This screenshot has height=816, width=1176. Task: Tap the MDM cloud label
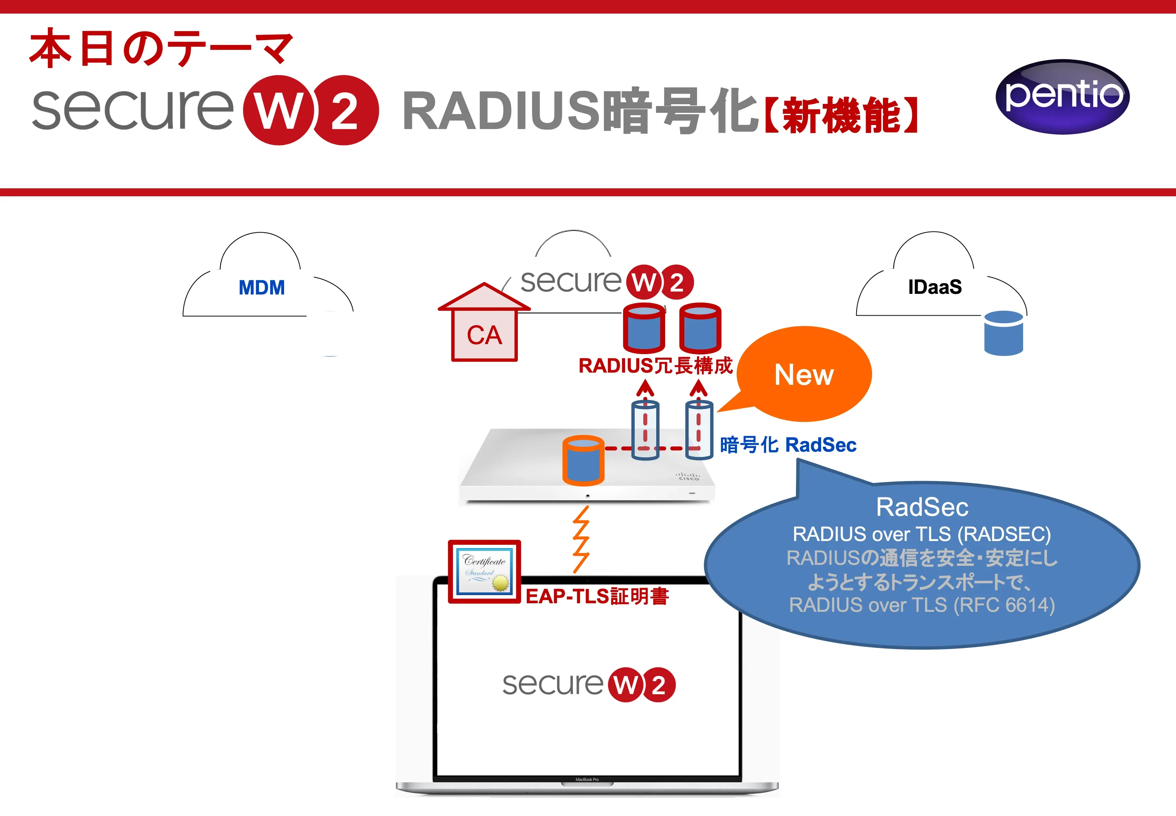[262, 287]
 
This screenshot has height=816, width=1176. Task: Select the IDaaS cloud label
[935, 287]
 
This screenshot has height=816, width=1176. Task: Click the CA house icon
[484, 324]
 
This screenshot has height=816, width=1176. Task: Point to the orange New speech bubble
[804, 374]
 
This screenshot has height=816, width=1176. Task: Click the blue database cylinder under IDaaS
[1003, 333]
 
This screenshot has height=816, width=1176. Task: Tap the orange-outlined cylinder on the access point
[583, 460]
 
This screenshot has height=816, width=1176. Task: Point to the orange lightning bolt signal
[581, 539]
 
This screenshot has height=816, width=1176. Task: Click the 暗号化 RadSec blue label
[788, 445]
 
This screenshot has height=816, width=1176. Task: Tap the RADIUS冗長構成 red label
[655, 366]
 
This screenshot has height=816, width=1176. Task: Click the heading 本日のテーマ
[161, 49]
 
